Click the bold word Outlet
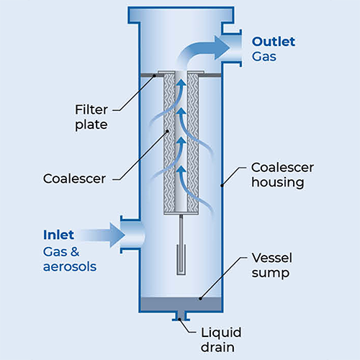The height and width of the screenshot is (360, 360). (274, 42)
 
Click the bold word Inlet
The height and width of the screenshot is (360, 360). (58, 235)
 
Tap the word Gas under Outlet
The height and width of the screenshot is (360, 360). (264, 57)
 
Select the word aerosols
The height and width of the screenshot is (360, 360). (70, 266)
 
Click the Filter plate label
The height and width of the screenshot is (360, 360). (91, 117)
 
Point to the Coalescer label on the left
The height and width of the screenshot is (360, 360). (74, 179)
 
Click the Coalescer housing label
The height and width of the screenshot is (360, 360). (282, 175)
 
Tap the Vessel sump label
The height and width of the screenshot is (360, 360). (272, 265)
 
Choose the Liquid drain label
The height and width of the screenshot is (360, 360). (221, 340)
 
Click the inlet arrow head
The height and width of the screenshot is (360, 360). (117, 235)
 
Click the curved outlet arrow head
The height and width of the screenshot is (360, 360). (222, 48)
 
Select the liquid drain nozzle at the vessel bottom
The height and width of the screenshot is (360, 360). (181, 316)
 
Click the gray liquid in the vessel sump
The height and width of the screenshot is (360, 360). (181, 304)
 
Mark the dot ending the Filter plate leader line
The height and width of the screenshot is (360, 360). (155, 76)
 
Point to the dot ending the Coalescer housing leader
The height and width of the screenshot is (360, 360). (222, 185)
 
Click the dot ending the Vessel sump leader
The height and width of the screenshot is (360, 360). (200, 299)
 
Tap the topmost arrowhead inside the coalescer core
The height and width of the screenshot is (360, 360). (181, 82)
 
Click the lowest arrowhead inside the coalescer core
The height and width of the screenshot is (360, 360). (181, 169)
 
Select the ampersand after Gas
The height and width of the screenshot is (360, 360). (75, 252)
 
